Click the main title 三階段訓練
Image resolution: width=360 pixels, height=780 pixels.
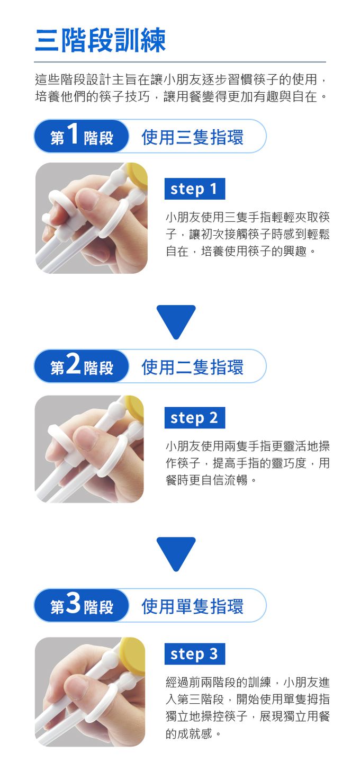click(x=100, y=40)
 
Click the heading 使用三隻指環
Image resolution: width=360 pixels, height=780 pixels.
click(x=192, y=137)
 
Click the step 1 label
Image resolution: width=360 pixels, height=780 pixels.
click(x=194, y=189)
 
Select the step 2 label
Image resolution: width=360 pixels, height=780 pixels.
click(x=194, y=418)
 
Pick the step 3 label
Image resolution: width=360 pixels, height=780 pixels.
click(x=194, y=654)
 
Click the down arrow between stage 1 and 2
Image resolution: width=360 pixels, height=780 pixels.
click(x=176, y=319)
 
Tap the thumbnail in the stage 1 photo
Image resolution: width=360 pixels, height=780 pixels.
click(x=87, y=200)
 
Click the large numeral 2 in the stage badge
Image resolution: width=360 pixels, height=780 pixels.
click(x=74, y=364)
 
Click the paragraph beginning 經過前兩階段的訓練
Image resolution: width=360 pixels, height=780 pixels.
click(x=247, y=708)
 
